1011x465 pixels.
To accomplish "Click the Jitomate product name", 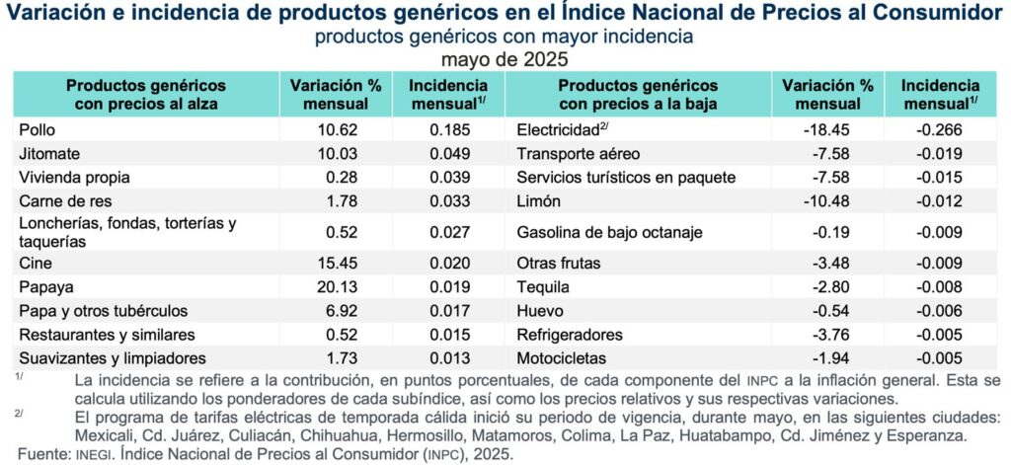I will coord(47,153).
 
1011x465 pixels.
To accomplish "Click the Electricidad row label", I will coord(558,129).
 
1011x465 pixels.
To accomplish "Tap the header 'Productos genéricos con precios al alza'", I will coord(145,95).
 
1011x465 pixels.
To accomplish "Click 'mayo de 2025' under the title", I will coord(505,58).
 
